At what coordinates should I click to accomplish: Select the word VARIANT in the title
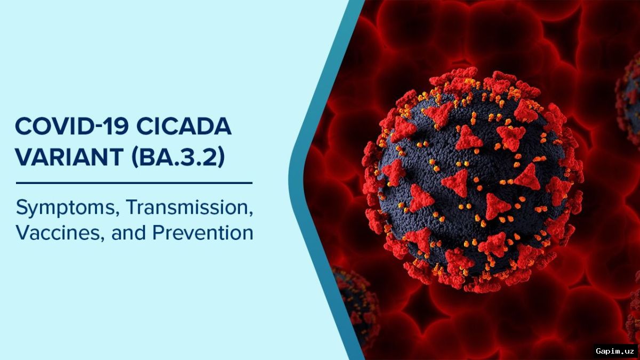click(x=67, y=157)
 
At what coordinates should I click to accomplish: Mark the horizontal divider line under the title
click(x=134, y=183)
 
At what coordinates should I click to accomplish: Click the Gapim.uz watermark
click(x=614, y=351)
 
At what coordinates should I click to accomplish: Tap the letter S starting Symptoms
click(x=22, y=207)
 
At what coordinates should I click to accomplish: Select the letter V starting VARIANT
click(x=23, y=157)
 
